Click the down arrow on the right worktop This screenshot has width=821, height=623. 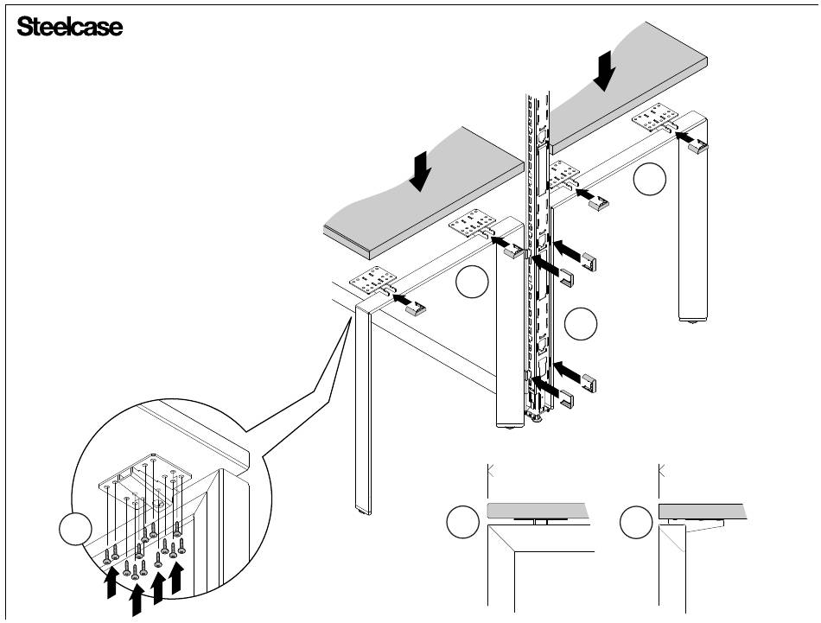[x=606, y=69]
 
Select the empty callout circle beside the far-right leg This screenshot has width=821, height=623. [x=649, y=179]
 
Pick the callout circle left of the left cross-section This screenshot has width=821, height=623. [x=463, y=524]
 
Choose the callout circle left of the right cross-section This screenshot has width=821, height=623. [x=638, y=524]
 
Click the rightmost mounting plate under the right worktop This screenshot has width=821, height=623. [x=657, y=117]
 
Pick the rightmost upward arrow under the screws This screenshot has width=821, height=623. [x=177, y=577]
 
